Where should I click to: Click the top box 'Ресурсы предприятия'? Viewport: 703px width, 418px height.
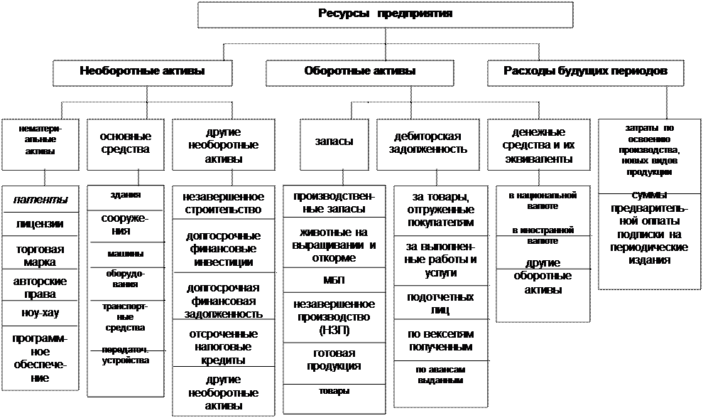[x=385, y=14]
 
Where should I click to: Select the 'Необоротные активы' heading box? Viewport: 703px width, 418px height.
[x=142, y=71]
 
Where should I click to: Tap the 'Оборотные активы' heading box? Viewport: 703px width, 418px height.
[x=359, y=71]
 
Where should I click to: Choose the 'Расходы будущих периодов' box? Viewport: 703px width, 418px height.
[x=584, y=71]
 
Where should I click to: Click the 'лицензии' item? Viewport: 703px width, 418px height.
[x=41, y=224]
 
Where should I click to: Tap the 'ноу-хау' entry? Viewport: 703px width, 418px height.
[x=41, y=313]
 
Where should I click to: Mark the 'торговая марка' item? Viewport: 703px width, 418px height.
[x=41, y=255]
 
